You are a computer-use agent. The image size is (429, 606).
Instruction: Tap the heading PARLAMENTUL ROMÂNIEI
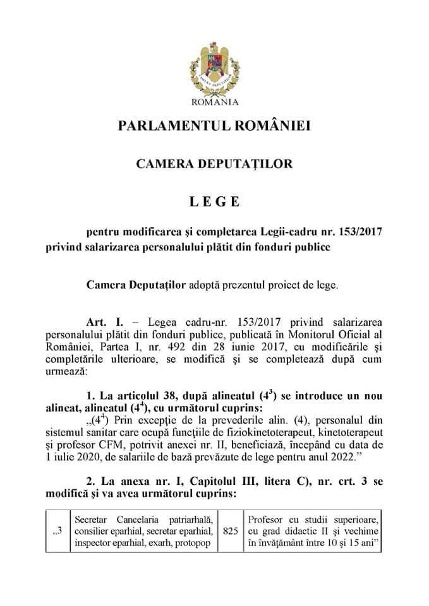(214, 126)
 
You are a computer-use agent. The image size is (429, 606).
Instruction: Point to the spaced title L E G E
(214, 202)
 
